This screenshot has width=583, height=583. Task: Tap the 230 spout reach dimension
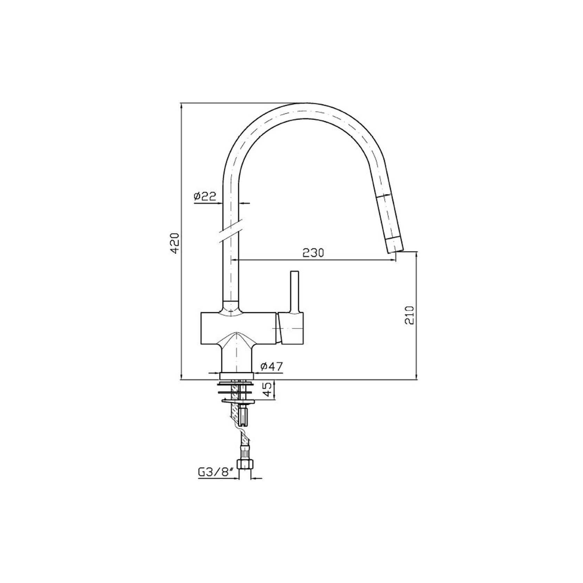(x=313, y=253)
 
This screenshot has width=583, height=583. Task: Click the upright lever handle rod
(x=295, y=291)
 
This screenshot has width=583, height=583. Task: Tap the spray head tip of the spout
(x=395, y=246)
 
